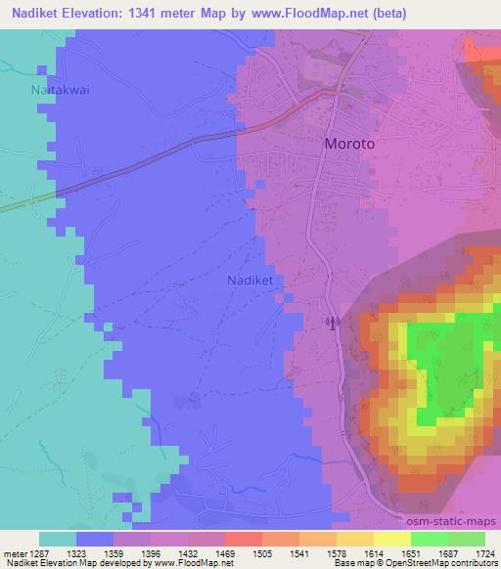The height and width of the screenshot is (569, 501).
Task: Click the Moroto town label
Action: (x=349, y=143)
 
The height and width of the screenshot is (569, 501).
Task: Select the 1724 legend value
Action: (x=484, y=553)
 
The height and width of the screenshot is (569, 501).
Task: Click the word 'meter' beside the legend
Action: (x=13, y=553)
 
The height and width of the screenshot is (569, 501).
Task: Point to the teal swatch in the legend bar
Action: (x=58, y=539)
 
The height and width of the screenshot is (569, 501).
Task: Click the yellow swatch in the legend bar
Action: (x=391, y=539)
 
